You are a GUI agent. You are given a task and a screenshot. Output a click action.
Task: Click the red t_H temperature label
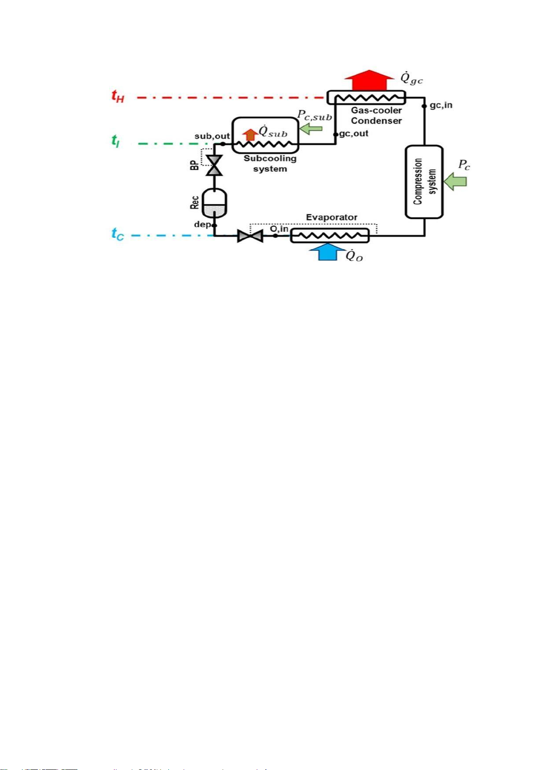click(x=118, y=96)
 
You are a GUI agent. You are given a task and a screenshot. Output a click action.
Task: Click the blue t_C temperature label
click(x=118, y=234)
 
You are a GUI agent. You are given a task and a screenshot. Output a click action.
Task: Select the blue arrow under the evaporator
click(x=327, y=252)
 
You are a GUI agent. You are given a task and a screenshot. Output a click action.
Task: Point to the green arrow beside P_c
click(x=456, y=181)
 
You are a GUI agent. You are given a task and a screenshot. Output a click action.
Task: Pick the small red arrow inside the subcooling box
click(x=250, y=134)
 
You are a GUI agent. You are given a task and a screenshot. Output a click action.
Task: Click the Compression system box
click(x=424, y=181)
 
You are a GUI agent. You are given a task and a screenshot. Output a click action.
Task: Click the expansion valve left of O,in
click(x=250, y=236)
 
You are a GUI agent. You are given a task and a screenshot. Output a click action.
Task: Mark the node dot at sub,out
click(x=222, y=143)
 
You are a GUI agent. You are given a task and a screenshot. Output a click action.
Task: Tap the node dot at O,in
click(x=275, y=236)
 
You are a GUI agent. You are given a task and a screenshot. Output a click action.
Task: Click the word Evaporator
click(x=331, y=217)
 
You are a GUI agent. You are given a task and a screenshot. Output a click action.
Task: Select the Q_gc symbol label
click(x=411, y=79)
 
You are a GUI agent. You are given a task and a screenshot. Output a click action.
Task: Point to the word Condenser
click(x=376, y=121)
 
